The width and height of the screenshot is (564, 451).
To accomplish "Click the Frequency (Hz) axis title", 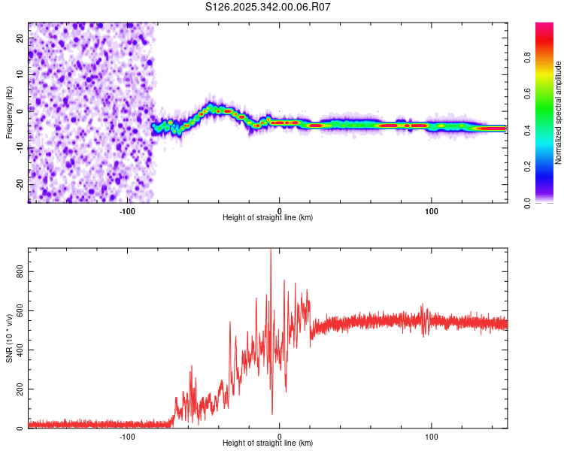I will tap(9, 113).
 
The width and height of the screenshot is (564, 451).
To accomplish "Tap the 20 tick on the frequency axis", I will tap(20, 38).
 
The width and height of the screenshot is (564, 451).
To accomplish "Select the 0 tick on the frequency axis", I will tap(20, 110).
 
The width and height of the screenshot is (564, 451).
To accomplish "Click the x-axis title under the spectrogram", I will tap(268, 217).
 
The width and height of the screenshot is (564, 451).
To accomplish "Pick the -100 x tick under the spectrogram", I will tap(127, 210).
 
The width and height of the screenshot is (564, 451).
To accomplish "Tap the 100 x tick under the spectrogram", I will tap(432, 210).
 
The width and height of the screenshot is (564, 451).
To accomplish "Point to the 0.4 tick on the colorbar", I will tap(547, 130).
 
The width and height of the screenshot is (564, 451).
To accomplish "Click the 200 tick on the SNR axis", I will tap(20, 389).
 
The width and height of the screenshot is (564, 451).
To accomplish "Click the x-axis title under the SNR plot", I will tap(268, 443).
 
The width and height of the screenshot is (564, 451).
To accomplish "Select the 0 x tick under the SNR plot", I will tap(280, 435).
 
